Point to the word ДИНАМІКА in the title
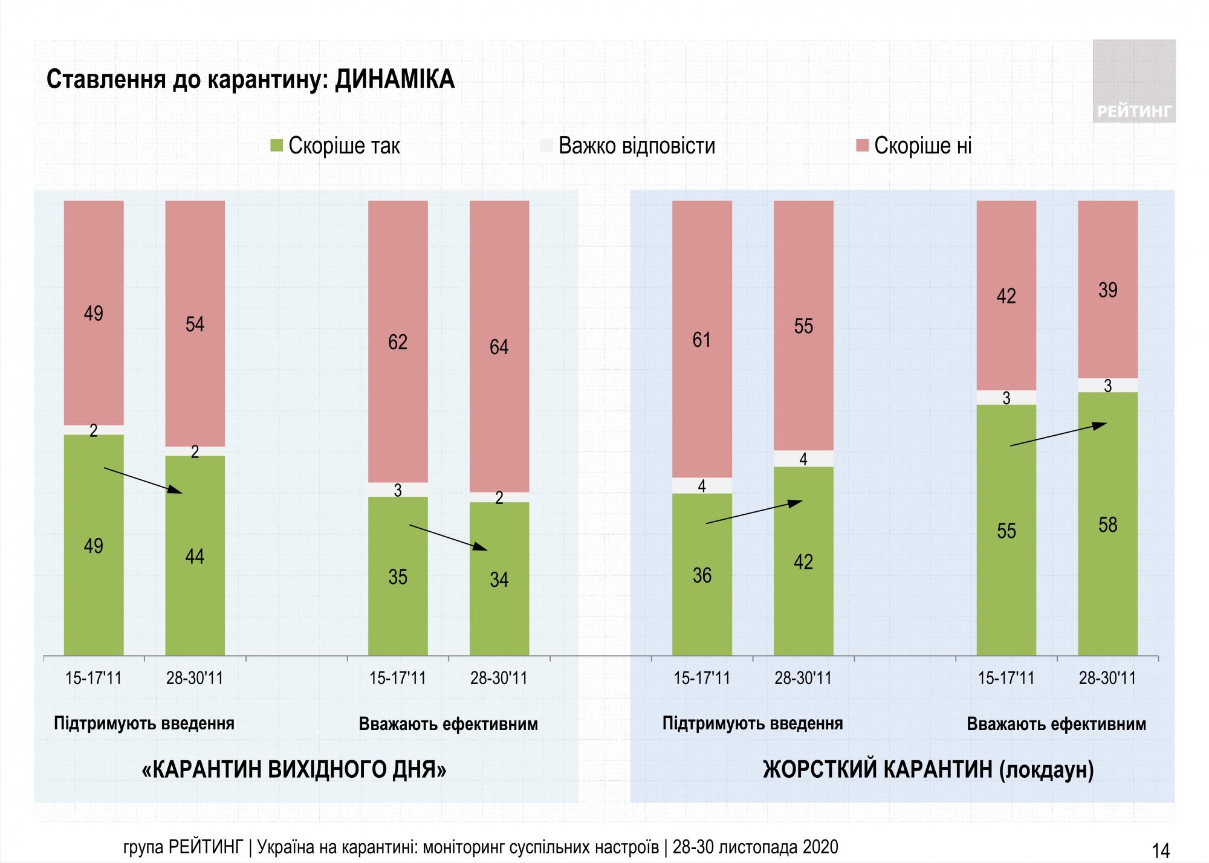[394, 79]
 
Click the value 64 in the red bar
[499, 347]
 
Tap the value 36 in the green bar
[702, 575]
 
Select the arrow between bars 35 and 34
[448, 537]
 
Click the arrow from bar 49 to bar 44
[143, 480]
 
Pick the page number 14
[1161, 850]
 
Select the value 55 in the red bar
[803, 326]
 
